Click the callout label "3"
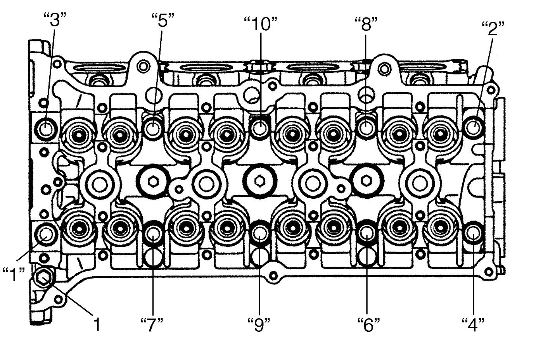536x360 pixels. click(55, 20)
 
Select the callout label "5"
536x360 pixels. click(163, 20)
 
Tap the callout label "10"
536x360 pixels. click(261, 24)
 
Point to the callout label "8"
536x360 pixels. click(366, 24)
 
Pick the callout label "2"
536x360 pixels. click(493, 28)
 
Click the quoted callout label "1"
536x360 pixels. click(14, 274)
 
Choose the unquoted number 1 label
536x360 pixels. click(97, 324)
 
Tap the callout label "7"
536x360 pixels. click(152, 324)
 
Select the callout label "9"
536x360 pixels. click(259, 324)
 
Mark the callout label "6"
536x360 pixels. click(368, 324)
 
